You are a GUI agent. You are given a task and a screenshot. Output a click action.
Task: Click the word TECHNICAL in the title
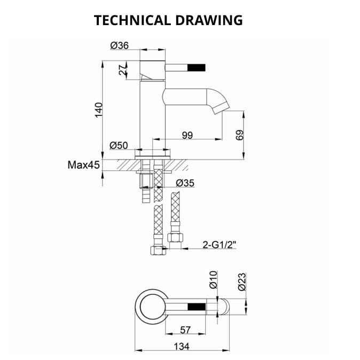pyautogui.click(x=132, y=20)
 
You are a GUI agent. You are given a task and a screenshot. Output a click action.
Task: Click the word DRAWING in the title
pyautogui.click(x=209, y=20)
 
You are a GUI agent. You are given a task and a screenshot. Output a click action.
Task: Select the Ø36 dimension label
pyautogui.click(x=120, y=46)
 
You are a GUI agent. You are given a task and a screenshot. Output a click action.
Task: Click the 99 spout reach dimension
pyautogui.click(x=187, y=135)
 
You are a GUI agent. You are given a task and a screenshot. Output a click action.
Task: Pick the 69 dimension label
pyautogui.click(x=239, y=135)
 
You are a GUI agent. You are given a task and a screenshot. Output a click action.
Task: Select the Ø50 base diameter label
pyautogui.click(x=119, y=145)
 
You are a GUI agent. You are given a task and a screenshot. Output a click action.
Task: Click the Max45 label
pyautogui.click(x=84, y=165)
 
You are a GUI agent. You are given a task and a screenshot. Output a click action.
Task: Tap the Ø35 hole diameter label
pyautogui.click(x=185, y=183)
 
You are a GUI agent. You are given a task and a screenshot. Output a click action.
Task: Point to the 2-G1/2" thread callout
pyautogui.click(x=220, y=245)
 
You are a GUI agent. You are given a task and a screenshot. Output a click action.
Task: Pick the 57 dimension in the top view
pyautogui.click(x=185, y=330)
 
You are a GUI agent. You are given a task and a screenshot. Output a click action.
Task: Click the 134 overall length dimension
pyautogui.click(x=182, y=346)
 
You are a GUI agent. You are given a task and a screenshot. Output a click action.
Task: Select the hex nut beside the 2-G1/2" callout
pyautogui.click(x=173, y=238)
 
